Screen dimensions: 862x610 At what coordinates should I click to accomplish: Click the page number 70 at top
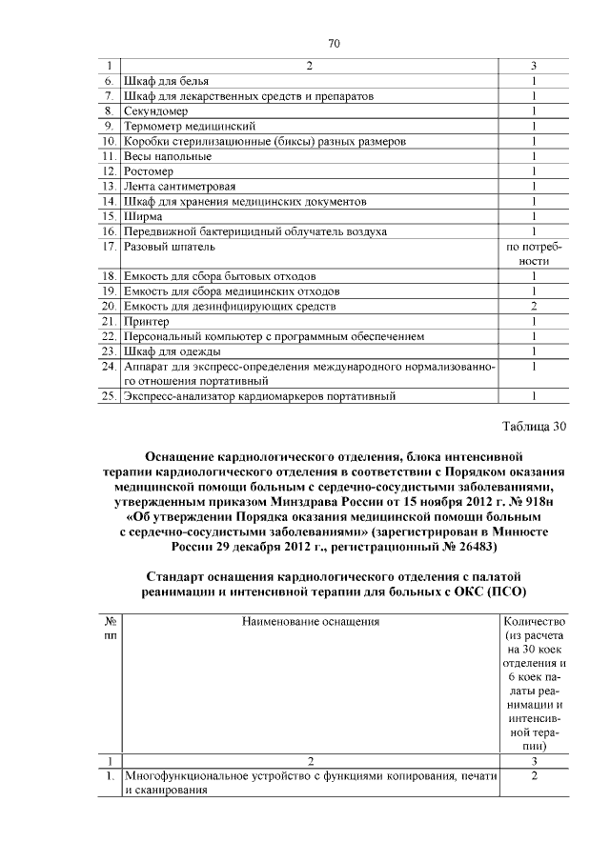(x=334, y=43)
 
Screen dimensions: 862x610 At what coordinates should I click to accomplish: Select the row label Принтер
(x=145, y=321)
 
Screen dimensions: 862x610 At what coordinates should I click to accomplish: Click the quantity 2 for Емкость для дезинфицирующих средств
(x=535, y=306)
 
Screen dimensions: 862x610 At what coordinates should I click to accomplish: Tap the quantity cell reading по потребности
(x=535, y=253)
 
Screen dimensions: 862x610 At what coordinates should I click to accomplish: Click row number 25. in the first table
(x=109, y=395)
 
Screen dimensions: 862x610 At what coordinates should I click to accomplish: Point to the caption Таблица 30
(x=534, y=426)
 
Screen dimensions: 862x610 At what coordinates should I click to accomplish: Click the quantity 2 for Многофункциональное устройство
(x=535, y=777)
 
